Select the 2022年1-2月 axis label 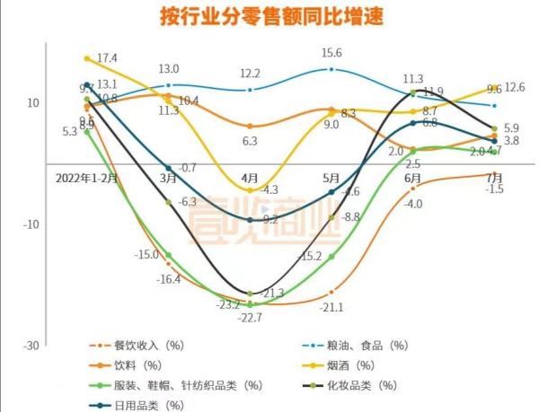click(85, 178)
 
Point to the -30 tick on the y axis click(31, 346)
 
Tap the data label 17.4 click(107, 57)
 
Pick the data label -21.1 click(332, 307)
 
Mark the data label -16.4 click(168, 279)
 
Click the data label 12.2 click(250, 74)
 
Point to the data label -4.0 click(413, 205)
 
